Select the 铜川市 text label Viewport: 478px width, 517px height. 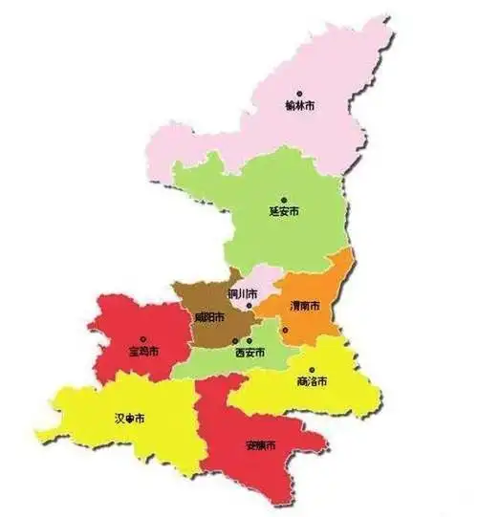(243, 292)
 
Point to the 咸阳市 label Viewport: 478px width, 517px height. (209, 317)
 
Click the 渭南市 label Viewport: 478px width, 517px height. (304, 306)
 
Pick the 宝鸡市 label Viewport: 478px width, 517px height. (144, 351)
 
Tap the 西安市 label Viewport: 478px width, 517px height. (250, 352)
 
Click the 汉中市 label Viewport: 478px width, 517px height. (127, 419)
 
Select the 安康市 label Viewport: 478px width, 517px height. (261, 446)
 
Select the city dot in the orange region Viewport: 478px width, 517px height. (284, 330)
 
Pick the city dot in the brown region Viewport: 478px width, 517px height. (235, 340)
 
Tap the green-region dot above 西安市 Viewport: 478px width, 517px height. (249, 341)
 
